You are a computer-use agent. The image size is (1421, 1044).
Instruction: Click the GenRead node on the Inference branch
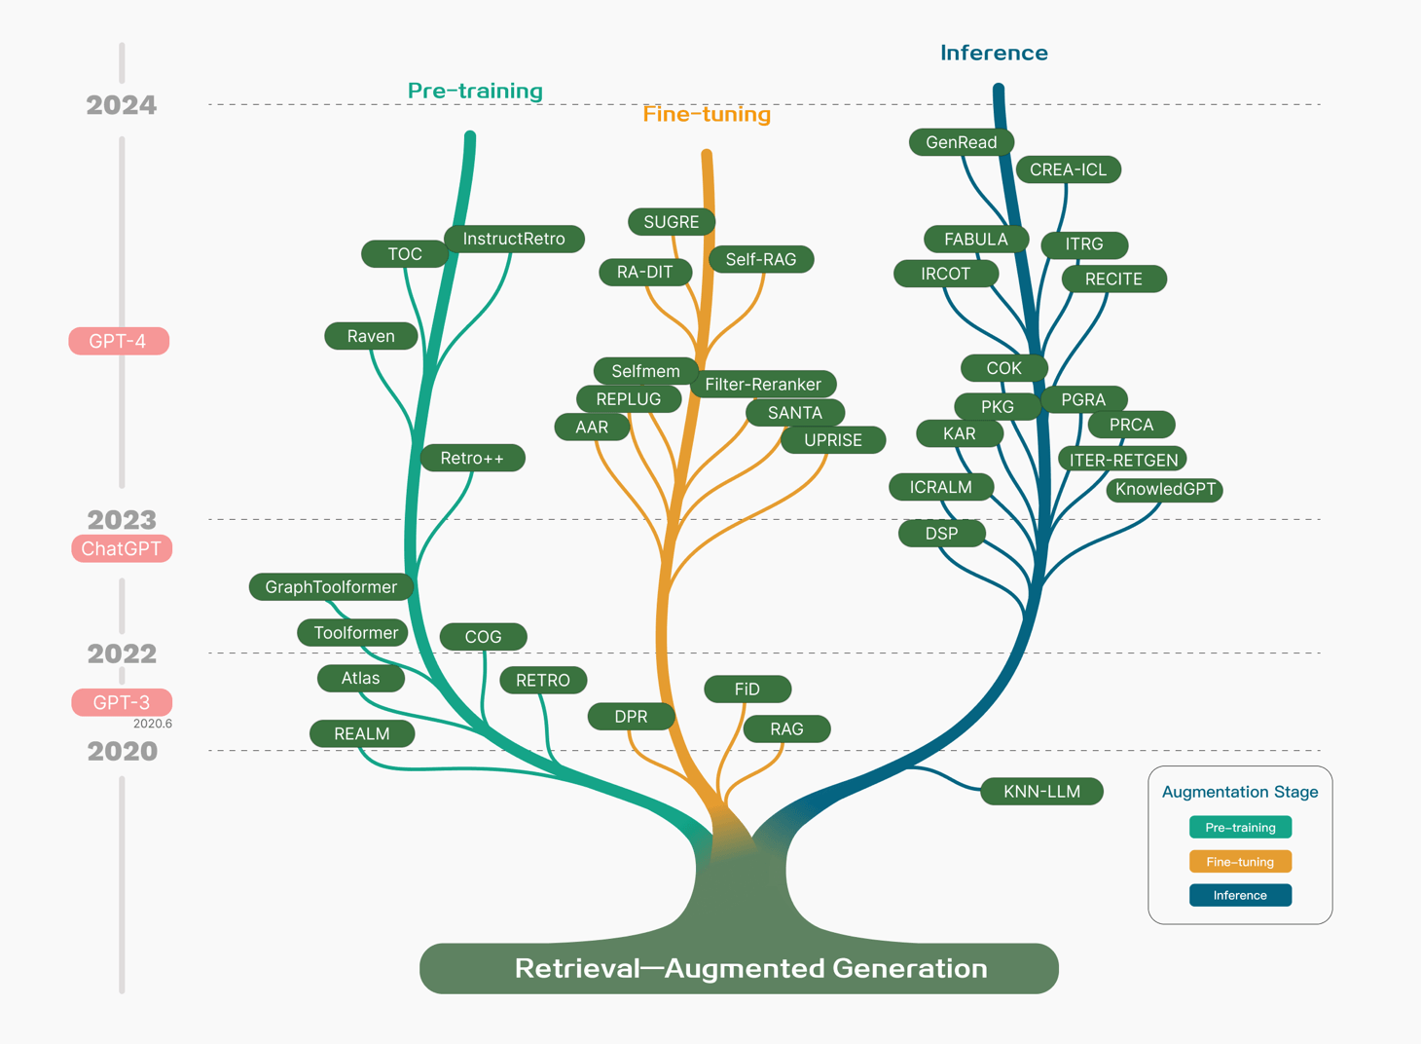tap(961, 142)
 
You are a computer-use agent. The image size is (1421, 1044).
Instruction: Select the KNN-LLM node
tap(1041, 792)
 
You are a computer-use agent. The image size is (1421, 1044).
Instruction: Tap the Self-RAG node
tap(761, 259)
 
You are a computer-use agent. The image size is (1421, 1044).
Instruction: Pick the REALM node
tap(362, 733)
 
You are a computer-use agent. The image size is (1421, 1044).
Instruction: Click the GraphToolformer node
tap(331, 586)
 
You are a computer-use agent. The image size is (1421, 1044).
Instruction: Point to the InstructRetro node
tap(514, 239)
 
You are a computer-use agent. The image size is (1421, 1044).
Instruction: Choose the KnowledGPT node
tap(1165, 489)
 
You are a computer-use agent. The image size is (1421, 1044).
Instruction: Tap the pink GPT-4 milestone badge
tap(119, 341)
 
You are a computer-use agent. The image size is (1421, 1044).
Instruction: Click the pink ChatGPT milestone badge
tap(121, 548)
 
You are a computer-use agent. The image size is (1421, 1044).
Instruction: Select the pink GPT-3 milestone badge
tap(121, 702)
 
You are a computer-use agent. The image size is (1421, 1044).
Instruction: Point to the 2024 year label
tap(121, 105)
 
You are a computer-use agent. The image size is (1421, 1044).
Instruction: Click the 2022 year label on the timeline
tap(122, 653)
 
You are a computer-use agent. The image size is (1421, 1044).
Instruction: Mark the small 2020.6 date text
tap(152, 724)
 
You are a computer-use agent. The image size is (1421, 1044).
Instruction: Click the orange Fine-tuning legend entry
tap(1240, 861)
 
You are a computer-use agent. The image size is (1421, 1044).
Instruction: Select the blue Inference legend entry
tap(1240, 895)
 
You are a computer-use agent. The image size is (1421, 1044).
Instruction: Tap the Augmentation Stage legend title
tap(1240, 792)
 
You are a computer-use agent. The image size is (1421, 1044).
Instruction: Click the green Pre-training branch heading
tap(475, 91)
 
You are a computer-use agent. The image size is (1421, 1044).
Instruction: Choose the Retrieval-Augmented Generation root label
tap(751, 968)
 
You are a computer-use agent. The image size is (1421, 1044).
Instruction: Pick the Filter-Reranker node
tap(763, 384)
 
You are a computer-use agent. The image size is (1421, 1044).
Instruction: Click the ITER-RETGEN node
tap(1123, 460)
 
